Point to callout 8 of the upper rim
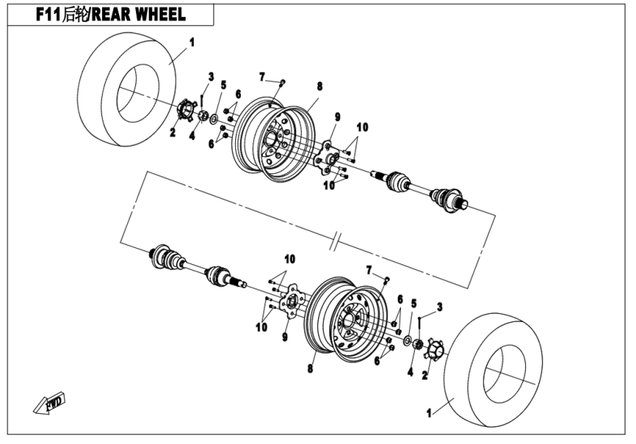coord(319,87)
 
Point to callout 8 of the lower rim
coord(311,367)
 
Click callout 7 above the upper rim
coord(262,76)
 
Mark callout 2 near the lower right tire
coord(424,375)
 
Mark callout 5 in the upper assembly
coord(223,84)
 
